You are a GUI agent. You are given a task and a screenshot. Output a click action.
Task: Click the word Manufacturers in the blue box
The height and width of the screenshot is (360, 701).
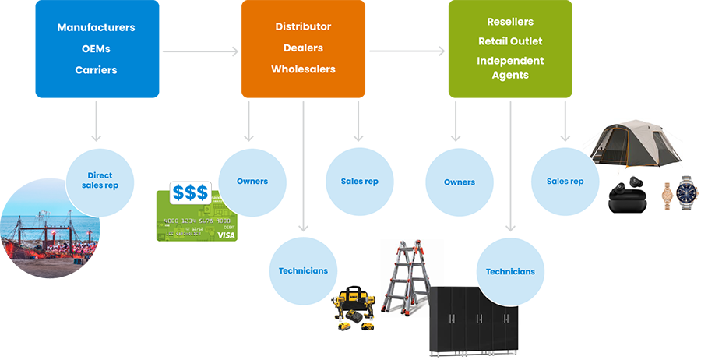coord(96,27)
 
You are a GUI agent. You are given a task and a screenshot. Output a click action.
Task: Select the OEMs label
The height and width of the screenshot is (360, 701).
coord(96,48)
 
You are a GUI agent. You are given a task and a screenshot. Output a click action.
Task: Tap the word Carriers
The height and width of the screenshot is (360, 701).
coord(96,70)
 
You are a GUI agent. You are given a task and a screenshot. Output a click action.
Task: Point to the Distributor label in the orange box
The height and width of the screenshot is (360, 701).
coord(303,26)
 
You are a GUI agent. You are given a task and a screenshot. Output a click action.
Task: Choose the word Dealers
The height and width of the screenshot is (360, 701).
coord(303,48)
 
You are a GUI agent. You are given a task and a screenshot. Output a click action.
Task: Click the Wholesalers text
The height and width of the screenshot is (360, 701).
coord(303,69)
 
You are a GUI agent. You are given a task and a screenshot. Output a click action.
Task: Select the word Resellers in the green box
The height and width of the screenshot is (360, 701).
coord(510,22)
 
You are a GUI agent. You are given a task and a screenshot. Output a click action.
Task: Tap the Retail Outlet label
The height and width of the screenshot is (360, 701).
coord(510,41)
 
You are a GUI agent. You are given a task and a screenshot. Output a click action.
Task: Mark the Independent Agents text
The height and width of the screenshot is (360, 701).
coord(510,68)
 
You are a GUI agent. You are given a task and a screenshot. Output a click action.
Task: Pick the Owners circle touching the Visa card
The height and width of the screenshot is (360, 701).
coord(252,182)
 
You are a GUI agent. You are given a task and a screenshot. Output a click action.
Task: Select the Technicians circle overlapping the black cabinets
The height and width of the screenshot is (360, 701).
coord(510,272)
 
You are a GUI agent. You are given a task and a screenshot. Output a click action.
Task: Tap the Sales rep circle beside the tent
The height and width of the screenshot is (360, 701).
coord(565,182)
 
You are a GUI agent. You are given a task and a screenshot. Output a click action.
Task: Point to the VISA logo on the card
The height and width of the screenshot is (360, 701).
coord(225,234)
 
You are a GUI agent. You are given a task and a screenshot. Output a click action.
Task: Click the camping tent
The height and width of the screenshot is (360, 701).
coord(635,146)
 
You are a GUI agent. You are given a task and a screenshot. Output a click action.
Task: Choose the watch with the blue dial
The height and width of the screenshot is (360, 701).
coord(686,192)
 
